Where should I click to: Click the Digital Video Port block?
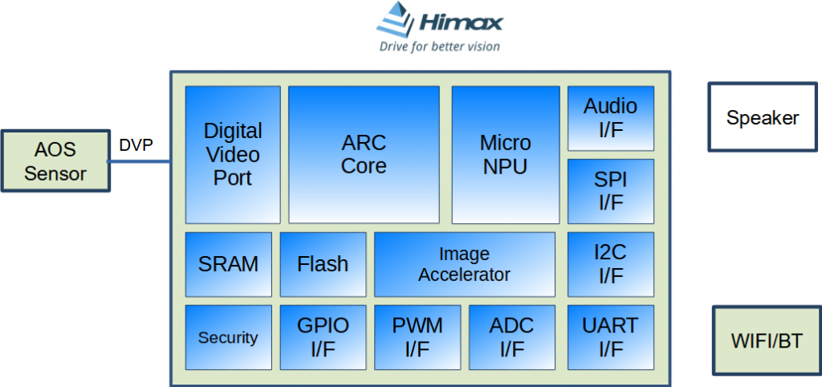[x=233, y=154]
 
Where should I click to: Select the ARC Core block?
[x=364, y=154]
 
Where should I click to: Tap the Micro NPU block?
[x=505, y=154]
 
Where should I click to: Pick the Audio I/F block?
[x=610, y=118]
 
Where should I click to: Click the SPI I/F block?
[x=610, y=191]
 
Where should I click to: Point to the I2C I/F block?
[x=610, y=264]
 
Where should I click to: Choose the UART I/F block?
[x=610, y=337]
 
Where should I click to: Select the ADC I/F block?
[x=511, y=337]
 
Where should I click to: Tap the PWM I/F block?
[x=417, y=337]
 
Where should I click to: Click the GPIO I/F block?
[x=323, y=337]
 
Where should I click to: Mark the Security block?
[x=228, y=337]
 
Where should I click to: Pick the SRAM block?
[x=228, y=264]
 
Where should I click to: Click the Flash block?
[x=323, y=264]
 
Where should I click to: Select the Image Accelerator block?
[x=464, y=264]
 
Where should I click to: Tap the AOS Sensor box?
[x=55, y=161]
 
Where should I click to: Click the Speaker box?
[x=763, y=117]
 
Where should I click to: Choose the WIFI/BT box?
[x=767, y=340]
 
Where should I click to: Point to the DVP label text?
[x=136, y=145]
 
